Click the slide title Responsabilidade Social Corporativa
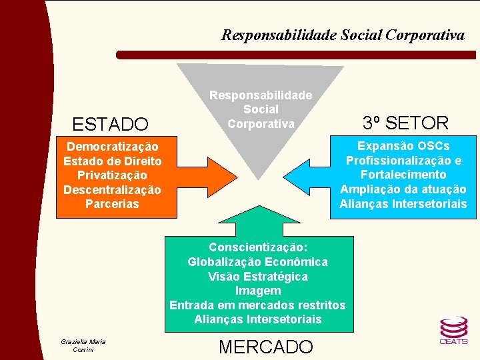click(343, 35)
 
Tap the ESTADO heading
click(110, 124)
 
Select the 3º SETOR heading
click(405, 123)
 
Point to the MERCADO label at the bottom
click(265, 347)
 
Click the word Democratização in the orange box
click(112, 147)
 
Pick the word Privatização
click(112, 175)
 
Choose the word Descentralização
click(112, 190)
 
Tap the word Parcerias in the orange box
click(112, 204)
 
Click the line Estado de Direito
click(112, 161)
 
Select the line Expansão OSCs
click(403, 146)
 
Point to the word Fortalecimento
click(403, 175)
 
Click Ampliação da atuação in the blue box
click(403, 189)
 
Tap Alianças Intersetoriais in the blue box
click(403, 204)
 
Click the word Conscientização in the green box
click(257, 247)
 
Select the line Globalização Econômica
click(257, 262)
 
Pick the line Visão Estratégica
click(257, 277)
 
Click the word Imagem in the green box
click(257, 291)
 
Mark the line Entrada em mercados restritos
click(257, 305)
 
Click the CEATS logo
click(453, 330)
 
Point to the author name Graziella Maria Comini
click(83, 346)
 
